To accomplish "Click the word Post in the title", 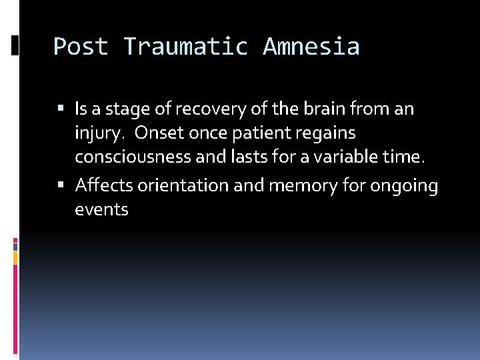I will pos(81,47).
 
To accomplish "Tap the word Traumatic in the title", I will pos(185,47).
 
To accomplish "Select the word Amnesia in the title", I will pos(311,47).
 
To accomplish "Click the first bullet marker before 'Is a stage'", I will pos(61,108).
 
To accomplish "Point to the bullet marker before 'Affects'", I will pos(61,185).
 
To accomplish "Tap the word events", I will pos(101,210).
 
